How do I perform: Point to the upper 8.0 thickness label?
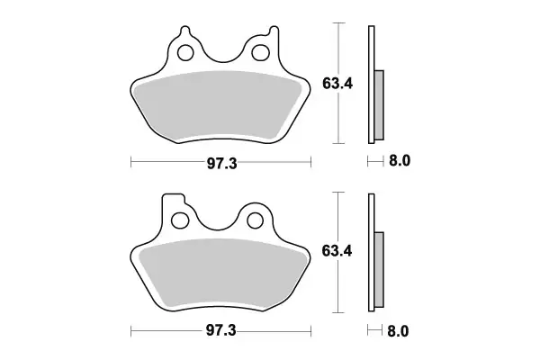point(400,162)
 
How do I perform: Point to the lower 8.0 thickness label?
point(400,329)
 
